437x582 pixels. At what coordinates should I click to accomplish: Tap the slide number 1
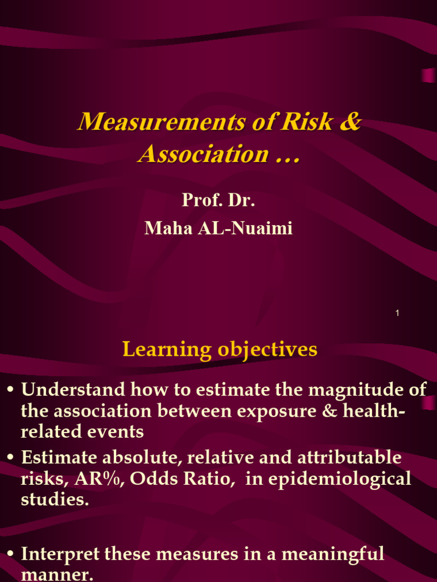[x=397, y=313]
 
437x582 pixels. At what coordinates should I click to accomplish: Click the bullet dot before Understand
[x=10, y=391]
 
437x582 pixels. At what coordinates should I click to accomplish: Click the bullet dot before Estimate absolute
[x=10, y=458]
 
